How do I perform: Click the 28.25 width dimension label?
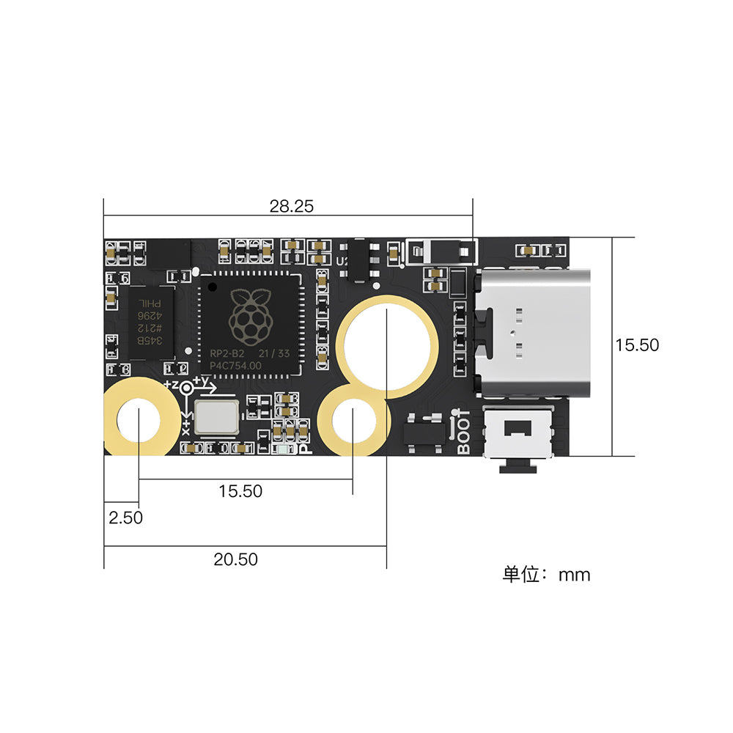tap(291, 207)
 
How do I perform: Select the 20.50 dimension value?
tap(235, 559)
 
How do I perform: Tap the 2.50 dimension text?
tap(125, 517)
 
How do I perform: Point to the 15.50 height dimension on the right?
tap(637, 345)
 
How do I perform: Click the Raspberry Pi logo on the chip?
tap(249, 317)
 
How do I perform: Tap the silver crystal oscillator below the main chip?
tap(216, 416)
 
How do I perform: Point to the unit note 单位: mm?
tap(546, 575)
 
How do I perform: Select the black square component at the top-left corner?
tap(169, 253)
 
